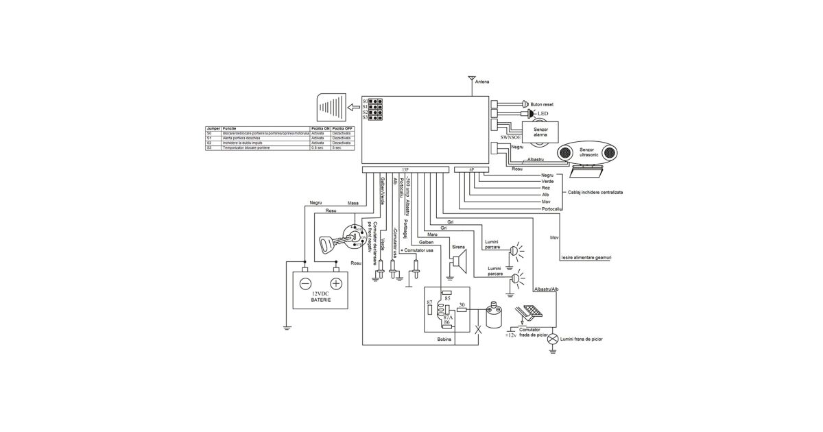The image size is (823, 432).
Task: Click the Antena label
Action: point(482,82)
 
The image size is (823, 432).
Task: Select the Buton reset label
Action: point(542,104)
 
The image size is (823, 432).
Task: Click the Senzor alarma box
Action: point(540,132)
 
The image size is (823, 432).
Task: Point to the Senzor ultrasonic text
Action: point(588,152)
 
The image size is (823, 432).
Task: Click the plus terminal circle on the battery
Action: point(336,284)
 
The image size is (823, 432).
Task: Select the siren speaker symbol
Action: point(458,261)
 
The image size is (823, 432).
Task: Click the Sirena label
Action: point(459,246)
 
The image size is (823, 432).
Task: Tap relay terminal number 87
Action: point(429,302)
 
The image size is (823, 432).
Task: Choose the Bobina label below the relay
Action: point(445,339)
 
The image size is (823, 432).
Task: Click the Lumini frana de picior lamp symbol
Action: point(553,339)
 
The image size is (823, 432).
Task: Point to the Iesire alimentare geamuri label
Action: point(585,258)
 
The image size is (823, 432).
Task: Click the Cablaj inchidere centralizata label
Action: point(596,193)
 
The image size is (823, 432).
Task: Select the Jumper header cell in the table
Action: point(211,128)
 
